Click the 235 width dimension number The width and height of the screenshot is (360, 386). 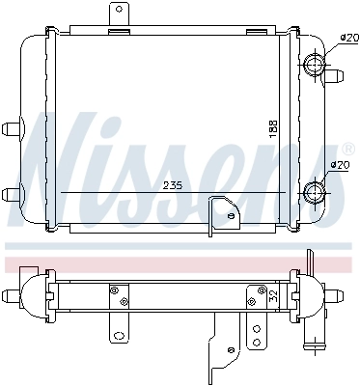(x=174, y=185)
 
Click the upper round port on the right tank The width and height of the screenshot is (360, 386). (x=315, y=68)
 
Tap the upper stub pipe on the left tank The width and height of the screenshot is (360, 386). (x=14, y=127)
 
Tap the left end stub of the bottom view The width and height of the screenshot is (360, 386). (x=12, y=294)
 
